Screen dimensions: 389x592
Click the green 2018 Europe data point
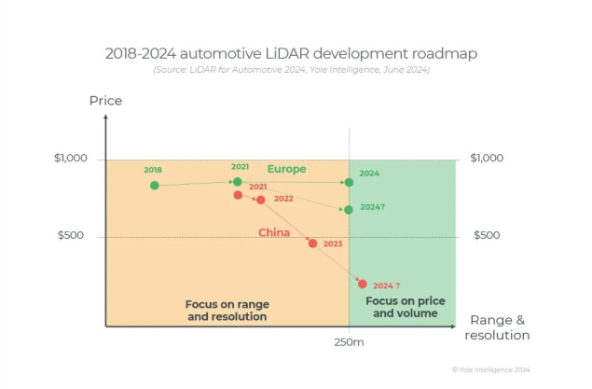tap(154, 186)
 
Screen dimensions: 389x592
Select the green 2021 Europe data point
tap(238, 182)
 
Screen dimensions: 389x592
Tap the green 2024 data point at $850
tap(349, 183)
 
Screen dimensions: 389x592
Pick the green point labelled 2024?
tap(349, 210)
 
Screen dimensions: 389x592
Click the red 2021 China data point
tap(238, 195)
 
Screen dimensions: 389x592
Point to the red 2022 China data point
tap(260, 200)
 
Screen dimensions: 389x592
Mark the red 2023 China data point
tap(312, 243)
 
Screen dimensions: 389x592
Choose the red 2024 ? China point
tap(363, 284)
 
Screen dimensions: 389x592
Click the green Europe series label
tap(286, 169)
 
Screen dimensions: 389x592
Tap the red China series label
tap(274, 233)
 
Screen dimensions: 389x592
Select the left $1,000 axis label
tap(70, 159)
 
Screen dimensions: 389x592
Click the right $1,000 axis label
tap(487, 159)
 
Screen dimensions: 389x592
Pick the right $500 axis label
tap(487, 235)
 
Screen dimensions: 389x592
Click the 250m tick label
tap(349, 343)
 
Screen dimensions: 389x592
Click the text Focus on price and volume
tap(405, 307)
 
